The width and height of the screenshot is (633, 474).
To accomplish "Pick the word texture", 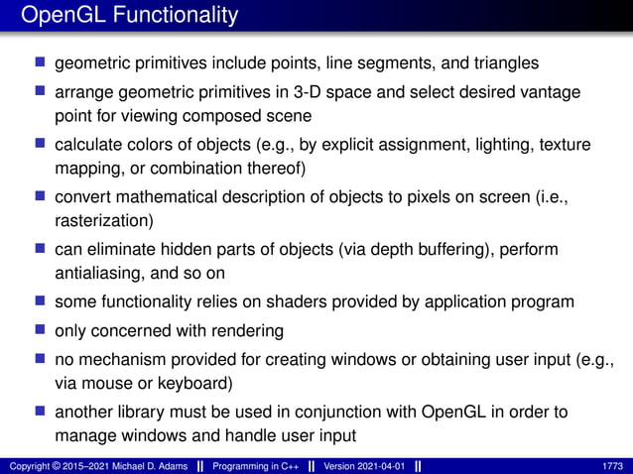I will pyautogui.click(x=565, y=145).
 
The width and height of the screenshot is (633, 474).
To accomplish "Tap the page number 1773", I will pyautogui.click(x=613, y=466).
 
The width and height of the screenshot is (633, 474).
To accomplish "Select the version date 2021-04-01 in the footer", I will pyautogui.click(x=378, y=466).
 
